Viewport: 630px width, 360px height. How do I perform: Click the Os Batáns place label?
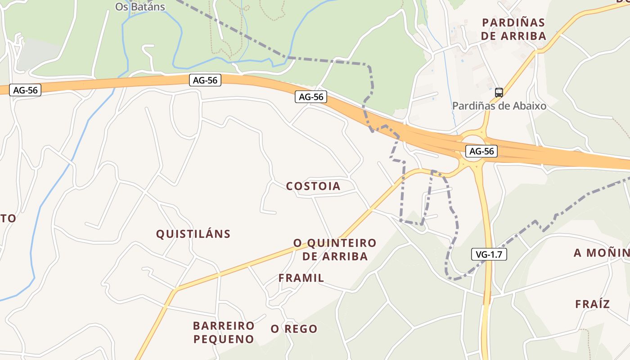coord(140,7)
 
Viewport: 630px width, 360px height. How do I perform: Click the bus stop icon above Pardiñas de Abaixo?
coord(499,93)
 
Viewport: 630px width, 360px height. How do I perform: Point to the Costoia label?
coord(313,186)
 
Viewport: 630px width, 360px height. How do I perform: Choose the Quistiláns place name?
coord(193,234)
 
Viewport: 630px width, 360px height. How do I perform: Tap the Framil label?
coord(301,278)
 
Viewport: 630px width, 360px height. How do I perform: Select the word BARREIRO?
coord(224,325)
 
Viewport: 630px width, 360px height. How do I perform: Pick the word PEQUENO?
coord(224,339)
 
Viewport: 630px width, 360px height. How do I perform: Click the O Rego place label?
coord(294,329)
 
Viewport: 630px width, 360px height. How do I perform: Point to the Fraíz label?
coord(592,304)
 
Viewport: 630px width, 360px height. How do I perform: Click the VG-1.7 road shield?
coord(489,254)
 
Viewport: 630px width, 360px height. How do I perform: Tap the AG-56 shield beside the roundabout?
coord(481,152)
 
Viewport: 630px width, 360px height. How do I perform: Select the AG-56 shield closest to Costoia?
coord(311,97)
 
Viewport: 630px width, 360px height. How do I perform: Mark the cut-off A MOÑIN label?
coord(601,253)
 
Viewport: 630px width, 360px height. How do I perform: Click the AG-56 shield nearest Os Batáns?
coord(205,81)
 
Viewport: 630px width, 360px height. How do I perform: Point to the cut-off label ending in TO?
coord(8,219)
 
